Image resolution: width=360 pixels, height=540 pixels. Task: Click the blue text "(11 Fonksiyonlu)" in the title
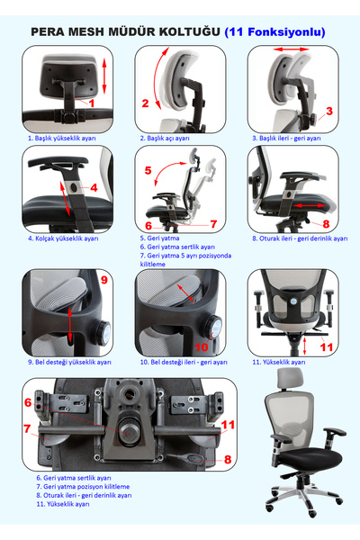click(x=274, y=32)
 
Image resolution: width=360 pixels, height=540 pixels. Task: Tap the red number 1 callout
click(x=92, y=103)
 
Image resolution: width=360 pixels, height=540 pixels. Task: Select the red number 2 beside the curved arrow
click(x=146, y=103)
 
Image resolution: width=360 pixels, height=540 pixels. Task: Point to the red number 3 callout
click(x=329, y=112)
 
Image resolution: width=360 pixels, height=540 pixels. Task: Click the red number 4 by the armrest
click(x=94, y=188)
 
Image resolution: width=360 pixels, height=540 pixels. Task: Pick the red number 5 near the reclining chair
click(x=148, y=170)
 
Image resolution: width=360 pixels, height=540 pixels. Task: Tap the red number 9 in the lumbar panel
click(x=104, y=280)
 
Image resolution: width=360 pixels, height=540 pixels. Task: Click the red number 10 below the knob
click(x=202, y=347)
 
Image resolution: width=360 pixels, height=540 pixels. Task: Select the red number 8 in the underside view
click(x=228, y=459)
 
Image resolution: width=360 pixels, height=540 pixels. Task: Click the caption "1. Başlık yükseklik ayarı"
click(x=62, y=139)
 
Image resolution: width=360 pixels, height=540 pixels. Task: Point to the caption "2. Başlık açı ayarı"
click(x=165, y=139)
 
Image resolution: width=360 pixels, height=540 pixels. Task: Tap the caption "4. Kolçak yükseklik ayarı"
click(x=63, y=238)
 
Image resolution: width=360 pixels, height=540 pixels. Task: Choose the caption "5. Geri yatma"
click(x=159, y=238)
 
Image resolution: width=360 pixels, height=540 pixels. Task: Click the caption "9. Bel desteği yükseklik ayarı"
click(x=69, y=363)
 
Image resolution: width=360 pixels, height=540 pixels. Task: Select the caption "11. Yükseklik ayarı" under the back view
click(x=279, y=363)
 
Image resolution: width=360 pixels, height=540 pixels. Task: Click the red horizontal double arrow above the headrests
click(x=292, y=49)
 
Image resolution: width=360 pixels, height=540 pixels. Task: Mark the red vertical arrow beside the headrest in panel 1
click(x=104, y=76)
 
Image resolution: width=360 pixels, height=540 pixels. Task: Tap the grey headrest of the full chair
click(x=291, y=378)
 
